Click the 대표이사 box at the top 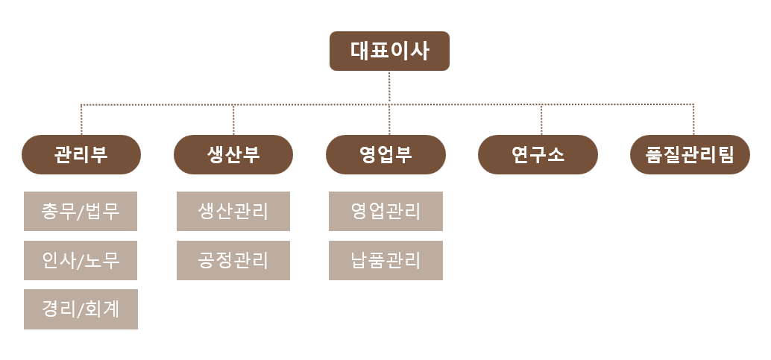click(x=389, y=51)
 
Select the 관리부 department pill click(x=81, y=154)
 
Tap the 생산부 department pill click(x=233, y=154)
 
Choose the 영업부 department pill click(x=386, y=154)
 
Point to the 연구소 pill click(x=538, y=154)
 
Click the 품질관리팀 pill click(x=690, y=154)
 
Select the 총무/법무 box click(x=81, y=211)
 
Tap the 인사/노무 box click(x=81, y=260)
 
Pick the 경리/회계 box click(x=81, y=309)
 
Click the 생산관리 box click(x=233, y=211)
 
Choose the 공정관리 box click(x=233, y=260)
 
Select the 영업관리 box click(x=386, y=211)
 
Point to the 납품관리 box click(x=386, y=260)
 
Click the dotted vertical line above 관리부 click(x=81, y=119)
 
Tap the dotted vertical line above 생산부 click(x=233, y=119)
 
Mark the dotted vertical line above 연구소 click(x=541, y=119)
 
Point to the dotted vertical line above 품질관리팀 click(x=693, y=119)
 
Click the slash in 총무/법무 click(x=81, y=212)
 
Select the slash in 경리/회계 click(x=81, y=310)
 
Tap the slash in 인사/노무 click(x=81, y=261)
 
